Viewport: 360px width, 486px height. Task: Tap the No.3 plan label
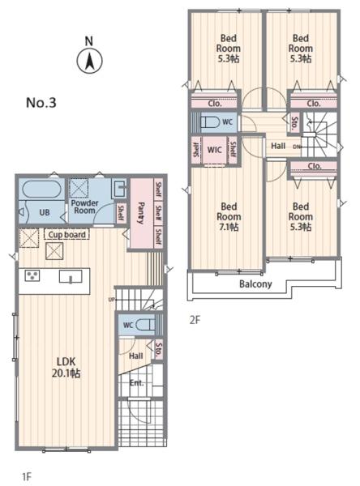(x=41, y=103)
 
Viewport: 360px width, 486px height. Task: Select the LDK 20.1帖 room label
(x=66, y=367)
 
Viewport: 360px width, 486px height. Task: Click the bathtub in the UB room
(x=41, y=189)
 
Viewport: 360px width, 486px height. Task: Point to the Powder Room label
(x=84, y=207)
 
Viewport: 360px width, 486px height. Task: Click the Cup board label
(x=66, y=235)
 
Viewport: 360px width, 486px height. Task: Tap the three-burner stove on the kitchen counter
(x=32, y=275)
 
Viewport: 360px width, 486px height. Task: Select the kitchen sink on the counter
(x=71, y=276)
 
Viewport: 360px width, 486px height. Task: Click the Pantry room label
(x=141, y=213)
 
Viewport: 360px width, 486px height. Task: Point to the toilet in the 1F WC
(x=145, y=325)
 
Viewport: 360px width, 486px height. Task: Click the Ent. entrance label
(x=136, y=383)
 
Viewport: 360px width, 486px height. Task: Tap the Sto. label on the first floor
(x=159, y=349)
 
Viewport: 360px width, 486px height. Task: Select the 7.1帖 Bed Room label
(x=229, y=216)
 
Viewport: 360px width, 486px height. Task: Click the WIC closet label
(x=214, y=150)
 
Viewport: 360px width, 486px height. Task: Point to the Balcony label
(x=255, y=284)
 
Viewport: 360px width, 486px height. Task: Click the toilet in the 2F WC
(x=211, y=122)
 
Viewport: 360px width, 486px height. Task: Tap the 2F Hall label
(x=278, y=146)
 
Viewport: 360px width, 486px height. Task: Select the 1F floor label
(x=27, y=476)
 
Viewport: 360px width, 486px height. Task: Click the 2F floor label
(x=195, y=320)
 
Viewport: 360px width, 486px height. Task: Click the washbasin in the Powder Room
(x=119, y=188)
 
